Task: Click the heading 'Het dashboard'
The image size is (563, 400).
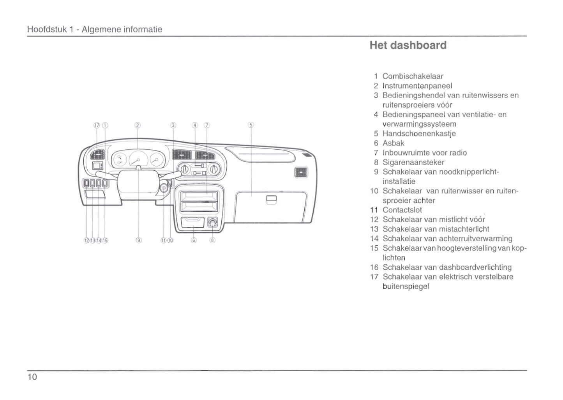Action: coord(408,45)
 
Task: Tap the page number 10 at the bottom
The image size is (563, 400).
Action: coord(32,377)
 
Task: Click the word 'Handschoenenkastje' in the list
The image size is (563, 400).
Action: coord(419,134)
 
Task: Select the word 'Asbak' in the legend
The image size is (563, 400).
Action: coord(393,143)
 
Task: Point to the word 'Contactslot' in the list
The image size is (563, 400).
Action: coord(402,210)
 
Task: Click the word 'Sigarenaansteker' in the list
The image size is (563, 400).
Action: coord(413,162)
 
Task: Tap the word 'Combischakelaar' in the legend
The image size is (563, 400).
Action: coord(413,76)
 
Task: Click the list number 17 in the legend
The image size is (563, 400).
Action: coord(374,277)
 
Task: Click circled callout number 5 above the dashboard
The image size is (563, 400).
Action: coord(251,125)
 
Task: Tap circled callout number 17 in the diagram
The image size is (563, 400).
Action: coord(97,125)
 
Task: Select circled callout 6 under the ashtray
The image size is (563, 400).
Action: coord(194,240)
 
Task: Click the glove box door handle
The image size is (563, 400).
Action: coord(271,199)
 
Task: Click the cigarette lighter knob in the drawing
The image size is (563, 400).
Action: coord(212,222)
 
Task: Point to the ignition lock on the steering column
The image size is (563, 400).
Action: coord(164,189)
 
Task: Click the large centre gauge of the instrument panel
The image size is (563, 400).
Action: coord(138,159)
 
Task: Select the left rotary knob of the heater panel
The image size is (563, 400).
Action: coord(185,169)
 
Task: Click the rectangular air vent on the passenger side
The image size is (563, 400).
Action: coord(301,172)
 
